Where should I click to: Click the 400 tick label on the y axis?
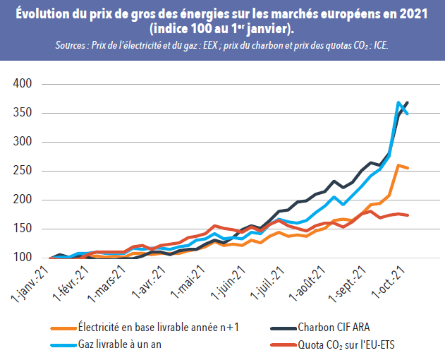click(23, 84)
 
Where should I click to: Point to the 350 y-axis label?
click(23, 113)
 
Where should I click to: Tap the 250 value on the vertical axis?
click(23, 171)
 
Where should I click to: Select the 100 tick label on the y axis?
click(23, 258)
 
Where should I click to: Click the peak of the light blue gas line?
click(399, 102)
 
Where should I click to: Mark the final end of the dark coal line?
click(408, 102)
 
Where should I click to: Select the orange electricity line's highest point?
click(399, 165)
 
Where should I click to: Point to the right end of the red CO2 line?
click(408, 215)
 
